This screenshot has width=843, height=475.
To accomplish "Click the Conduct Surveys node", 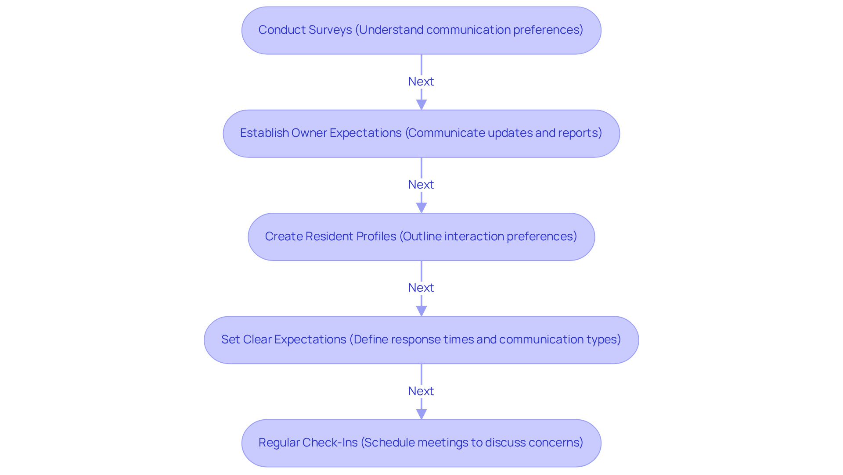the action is coord(421,30).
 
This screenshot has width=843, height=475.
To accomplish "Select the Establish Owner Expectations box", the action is coord(421,134).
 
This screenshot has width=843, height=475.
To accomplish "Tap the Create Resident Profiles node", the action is coord(421,237).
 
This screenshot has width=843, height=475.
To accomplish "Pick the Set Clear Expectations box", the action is coord(421,340).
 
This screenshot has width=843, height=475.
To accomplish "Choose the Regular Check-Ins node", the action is coord(421,443).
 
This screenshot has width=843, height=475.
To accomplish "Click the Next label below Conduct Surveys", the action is coord(421,82).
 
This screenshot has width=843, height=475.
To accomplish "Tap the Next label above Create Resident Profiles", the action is coord(421,185).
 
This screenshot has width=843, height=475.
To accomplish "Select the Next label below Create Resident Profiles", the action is coord(421,288).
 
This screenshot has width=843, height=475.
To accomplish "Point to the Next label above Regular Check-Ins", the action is coord(421,391).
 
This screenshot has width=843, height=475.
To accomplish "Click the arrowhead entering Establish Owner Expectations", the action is coord(421,105).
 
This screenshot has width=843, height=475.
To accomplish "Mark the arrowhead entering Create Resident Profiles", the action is coord(421,208).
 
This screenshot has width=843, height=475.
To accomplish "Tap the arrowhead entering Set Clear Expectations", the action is coord(421,311).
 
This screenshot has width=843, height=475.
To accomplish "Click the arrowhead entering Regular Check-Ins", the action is coord(421,414).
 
